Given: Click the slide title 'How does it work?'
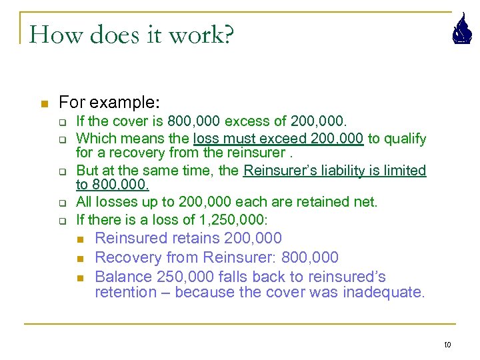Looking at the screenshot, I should tap(131, 34).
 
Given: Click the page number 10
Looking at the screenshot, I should tap(447, 344).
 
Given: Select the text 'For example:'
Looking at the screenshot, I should tap(109, 103).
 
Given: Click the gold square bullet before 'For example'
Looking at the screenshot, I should tap(45, 104).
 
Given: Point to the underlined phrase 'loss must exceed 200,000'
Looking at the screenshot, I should tap(278, 139).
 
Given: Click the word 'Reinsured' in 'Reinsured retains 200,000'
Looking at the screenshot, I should tap(131, 238).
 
